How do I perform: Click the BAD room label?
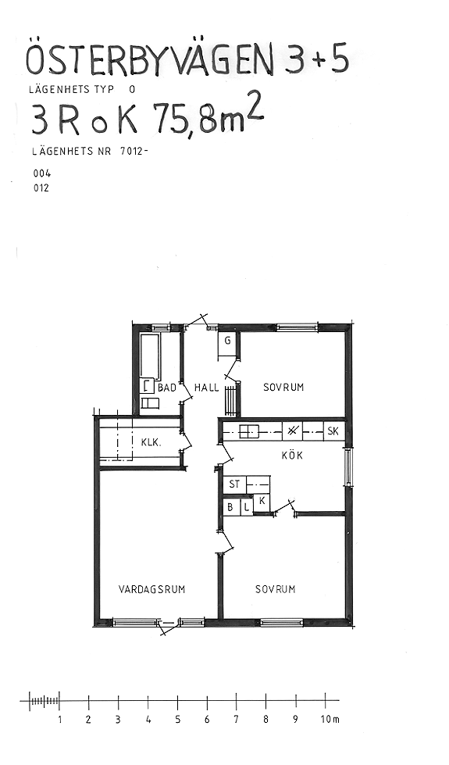pyautogui.click(x=167, y=388)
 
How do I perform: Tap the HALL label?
pyautogui.click(x=207, y=388)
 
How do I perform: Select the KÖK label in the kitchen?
pyautogui.click(x=293, y=456)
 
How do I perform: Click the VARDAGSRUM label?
pyautogui.click(x=152, y=589)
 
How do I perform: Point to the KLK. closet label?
pyautogui.click(x=151, y=442)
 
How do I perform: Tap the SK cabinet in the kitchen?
pyautogui.click(x=333, y=431)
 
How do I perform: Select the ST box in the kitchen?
pyautogui.click(x=234, y=484)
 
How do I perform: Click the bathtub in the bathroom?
pyautogui.click(x=150, y=356)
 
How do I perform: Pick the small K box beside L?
pyautogui.click(x=262, y=502)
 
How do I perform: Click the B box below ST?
pyautogui.click(x=231, y=507)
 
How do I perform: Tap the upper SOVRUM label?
pyautogui.click(x=283, y=388)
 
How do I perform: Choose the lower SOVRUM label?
pyautogui.click(x=276, y=589)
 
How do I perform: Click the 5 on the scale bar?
pyautogui.click(x=177, y=720)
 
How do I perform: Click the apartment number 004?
pyautogui.click(x=41, y=173)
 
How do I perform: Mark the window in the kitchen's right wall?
pyautogui.click(x=348, y=467)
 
